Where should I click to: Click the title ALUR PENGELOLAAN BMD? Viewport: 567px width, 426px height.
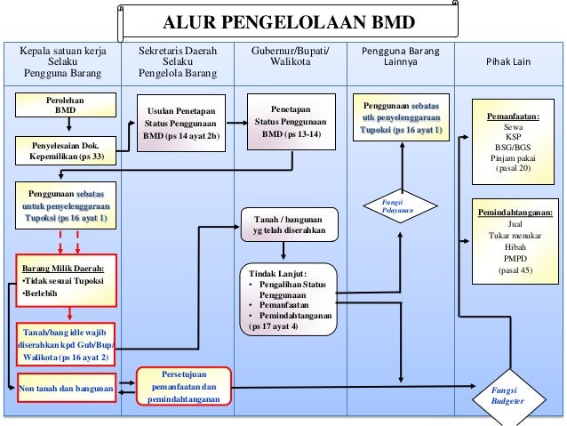pyautogui.click(x=289, y=21)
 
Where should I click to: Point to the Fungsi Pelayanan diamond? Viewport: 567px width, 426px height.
pyautogui.click(x=400, y=209)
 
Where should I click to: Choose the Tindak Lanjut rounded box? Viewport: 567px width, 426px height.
pyautogui.click(x=289, y=298)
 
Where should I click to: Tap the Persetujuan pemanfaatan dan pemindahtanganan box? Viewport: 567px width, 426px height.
pyautogui.click(x=184, y=388)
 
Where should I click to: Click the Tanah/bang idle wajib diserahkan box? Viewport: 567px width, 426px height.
pyautogui.click(x=67, y=345)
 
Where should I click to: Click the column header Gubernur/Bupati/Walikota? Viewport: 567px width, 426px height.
pyautogui.click(x=289, y=57)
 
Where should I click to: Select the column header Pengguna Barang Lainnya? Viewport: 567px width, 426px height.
pyautogui.click(x=400, y=57)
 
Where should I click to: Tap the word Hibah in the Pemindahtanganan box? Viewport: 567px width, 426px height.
pyautogui.click(x=514, y=246)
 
